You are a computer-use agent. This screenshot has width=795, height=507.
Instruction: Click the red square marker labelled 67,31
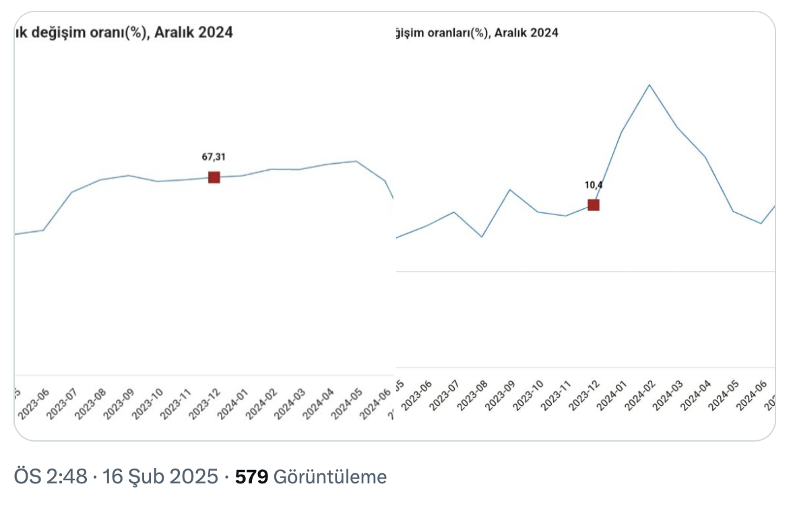tap(214, 177)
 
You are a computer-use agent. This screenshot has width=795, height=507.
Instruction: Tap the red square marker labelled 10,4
tap(593, 205)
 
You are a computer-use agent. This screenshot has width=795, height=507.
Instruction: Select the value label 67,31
tap(214, 157)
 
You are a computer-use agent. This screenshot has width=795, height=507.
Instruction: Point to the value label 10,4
tap(593, 185)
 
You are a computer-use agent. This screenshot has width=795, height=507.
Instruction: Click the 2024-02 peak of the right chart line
tap(649, 85)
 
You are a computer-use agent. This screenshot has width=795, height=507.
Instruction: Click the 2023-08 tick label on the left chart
tap(90, 404)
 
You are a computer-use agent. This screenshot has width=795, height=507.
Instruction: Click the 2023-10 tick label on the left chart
tap(146, 404)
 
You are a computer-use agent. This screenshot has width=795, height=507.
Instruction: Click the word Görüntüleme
tap(330, 477)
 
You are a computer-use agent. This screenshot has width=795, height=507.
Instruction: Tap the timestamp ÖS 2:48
tap(51, 477)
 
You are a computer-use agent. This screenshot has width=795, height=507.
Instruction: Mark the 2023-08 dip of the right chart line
tap(481, 237)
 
